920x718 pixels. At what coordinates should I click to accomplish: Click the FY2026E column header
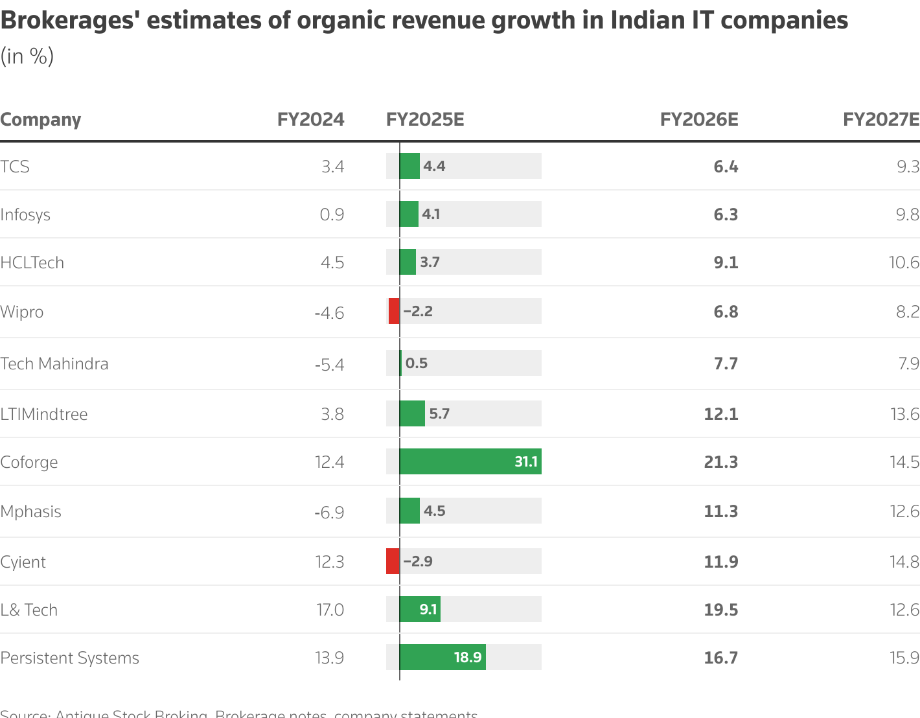point(698,120)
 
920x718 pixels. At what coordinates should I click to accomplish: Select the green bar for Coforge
point(470,461)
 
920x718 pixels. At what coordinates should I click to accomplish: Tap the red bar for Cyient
point(393,561)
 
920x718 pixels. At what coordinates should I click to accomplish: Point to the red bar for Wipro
point(394,311)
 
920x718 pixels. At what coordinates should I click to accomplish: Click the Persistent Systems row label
point(69,658)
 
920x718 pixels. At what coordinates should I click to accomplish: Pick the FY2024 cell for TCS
point(332,167)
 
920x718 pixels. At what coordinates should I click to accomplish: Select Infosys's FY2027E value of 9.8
point(907,214)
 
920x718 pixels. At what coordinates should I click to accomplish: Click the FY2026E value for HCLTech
point(725,262)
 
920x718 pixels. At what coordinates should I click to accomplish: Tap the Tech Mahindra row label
point(54,364)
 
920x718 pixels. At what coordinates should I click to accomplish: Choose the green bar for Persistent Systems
point(443,657)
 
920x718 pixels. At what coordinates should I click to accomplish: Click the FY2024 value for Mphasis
point(329,512)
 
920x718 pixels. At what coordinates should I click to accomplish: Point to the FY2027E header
point(880,120)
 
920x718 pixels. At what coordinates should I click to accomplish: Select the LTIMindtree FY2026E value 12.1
point(720,414)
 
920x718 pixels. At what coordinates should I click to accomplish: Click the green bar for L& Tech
point(420,609)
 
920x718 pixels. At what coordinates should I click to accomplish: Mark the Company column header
point(41,120)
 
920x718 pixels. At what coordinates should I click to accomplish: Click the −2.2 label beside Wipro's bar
point(418,311)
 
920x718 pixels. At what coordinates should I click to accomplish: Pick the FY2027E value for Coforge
point(904,462)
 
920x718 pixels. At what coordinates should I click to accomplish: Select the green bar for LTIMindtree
point(412,413)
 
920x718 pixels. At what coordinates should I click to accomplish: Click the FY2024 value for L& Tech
point(330,610)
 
